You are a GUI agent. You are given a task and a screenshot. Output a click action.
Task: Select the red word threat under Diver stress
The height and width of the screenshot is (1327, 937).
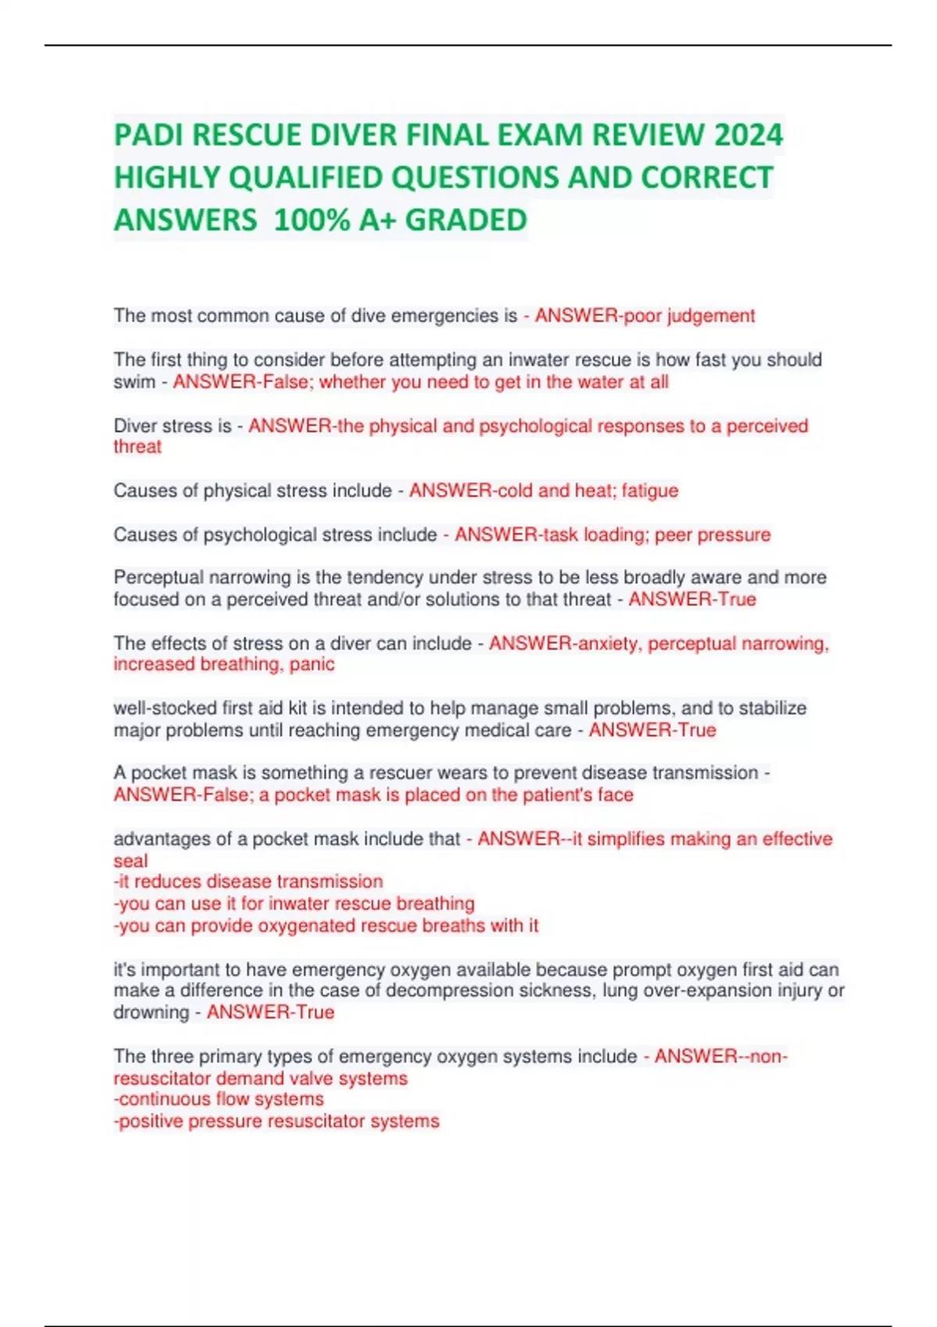click(137, 446)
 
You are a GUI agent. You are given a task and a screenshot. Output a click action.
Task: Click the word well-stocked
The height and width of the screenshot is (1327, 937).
click(164, 708)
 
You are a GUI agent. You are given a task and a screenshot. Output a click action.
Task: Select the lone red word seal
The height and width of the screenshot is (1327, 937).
click(130, 861)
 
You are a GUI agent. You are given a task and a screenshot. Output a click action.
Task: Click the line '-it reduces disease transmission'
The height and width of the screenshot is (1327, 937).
click(248, 882)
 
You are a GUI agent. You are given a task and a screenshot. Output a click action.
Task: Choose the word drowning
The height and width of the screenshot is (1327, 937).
click(151, 1012)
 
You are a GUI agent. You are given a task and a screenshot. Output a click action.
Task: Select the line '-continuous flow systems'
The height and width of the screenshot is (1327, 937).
click(219, 1099)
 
